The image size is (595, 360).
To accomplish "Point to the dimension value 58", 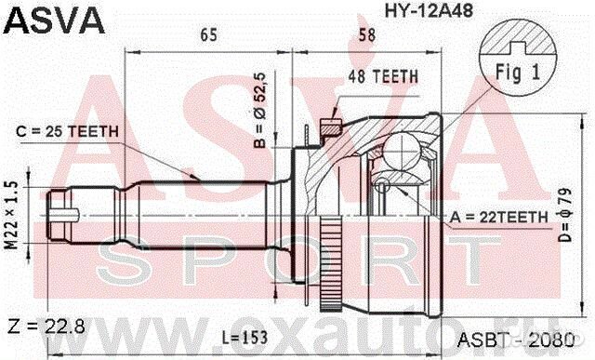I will click(x=365, y=36).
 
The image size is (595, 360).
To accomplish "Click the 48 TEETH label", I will click(x=383, y=77).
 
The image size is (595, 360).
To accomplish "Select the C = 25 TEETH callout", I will click(x=71, y=131).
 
